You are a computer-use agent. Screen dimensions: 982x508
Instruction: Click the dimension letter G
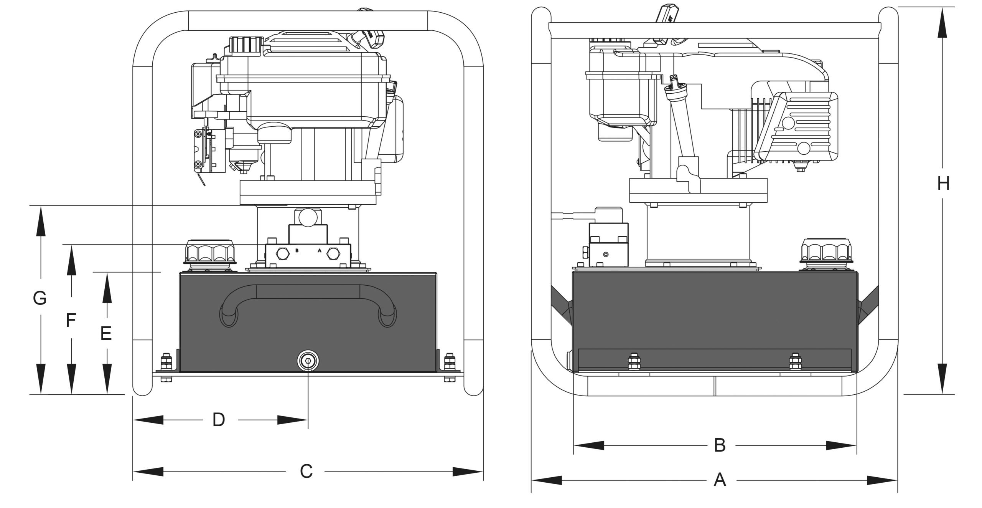(40, 298)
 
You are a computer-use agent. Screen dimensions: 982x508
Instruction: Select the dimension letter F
(70, 321)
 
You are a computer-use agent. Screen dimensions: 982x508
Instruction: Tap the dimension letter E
(106, 333)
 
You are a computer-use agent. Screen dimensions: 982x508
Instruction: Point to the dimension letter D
(219, 420)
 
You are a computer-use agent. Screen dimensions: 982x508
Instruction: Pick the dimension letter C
(306, 472)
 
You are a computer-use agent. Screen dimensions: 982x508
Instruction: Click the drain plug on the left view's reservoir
(308, 361)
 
